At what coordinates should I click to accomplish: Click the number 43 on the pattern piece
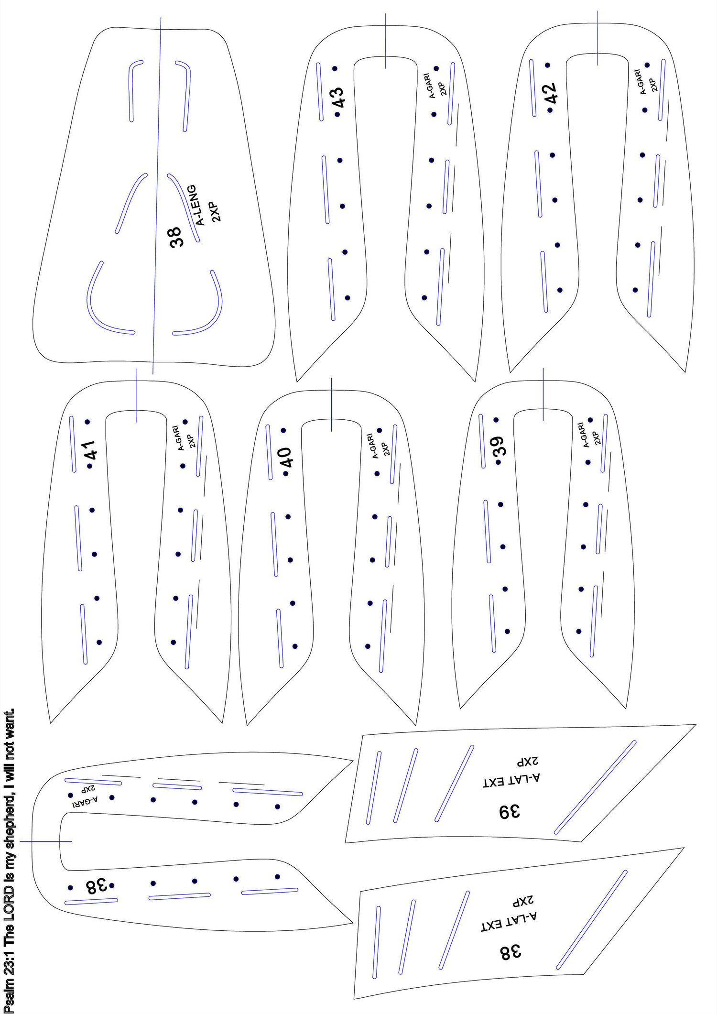(337, 98)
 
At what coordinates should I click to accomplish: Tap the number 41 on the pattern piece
(91, 450)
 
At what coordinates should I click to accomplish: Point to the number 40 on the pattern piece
(286, 458)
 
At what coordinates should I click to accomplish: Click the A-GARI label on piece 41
(179, 438)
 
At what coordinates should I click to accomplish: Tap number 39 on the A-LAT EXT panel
(510, 811)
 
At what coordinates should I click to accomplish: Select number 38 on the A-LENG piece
(176, 237)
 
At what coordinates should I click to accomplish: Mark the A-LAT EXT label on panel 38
(509, 921)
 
